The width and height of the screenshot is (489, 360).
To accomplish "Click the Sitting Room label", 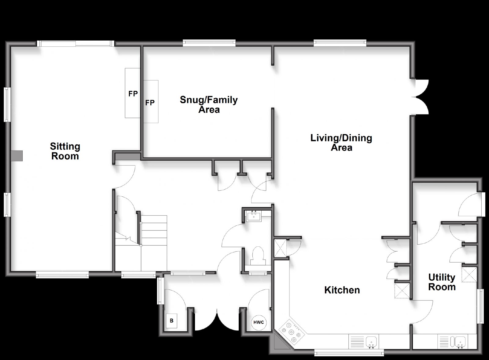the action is (65, 151).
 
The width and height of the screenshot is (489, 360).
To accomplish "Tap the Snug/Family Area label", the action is (209, 105).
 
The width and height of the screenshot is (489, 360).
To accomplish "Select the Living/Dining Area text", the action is (341, 143).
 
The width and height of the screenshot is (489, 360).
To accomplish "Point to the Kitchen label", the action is (342, 290).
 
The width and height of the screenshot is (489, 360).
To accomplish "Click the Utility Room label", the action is (442, 282).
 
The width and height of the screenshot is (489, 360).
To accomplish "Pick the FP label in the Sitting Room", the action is (133, 94).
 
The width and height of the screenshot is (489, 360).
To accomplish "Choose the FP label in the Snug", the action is (150, 103).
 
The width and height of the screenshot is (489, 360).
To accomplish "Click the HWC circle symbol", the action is (259, 322).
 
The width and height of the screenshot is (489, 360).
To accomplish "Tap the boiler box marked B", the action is (171, 321).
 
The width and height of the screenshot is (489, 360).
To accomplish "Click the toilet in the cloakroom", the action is (258, 255).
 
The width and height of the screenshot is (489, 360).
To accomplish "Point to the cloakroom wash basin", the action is (254, 216).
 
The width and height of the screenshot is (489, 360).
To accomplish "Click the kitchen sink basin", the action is (371, 341).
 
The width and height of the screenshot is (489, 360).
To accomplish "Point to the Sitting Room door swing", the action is (124, 176).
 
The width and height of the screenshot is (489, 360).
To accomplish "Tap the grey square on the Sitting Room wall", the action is (17, 156).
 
